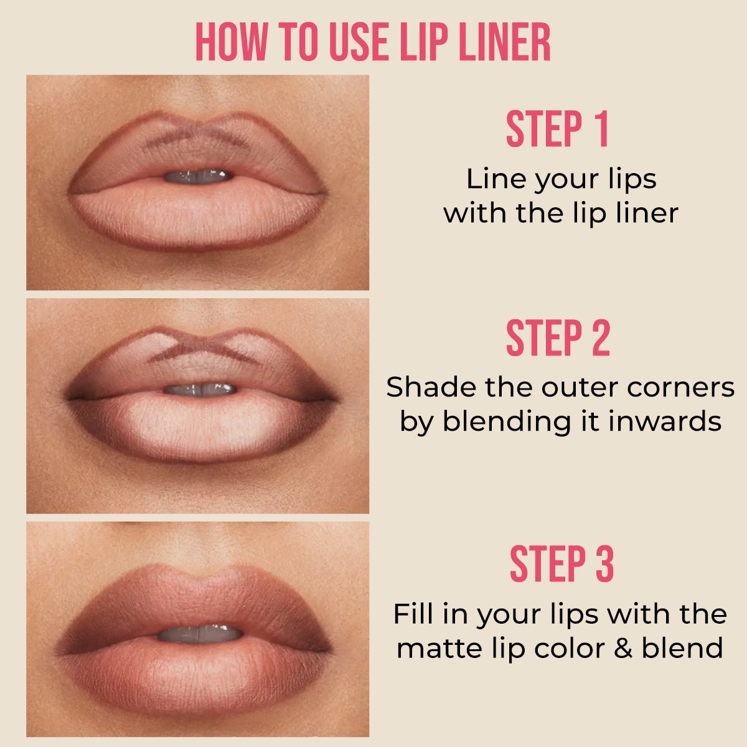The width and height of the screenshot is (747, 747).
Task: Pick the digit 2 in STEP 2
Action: point(600,339)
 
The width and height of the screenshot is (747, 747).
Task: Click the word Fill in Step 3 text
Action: point(413,614)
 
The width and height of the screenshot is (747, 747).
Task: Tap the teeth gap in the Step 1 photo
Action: point(198,177)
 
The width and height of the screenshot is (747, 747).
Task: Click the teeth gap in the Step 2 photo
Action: point(200,390)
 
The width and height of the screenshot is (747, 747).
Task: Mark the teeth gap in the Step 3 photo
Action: point(199,634)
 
